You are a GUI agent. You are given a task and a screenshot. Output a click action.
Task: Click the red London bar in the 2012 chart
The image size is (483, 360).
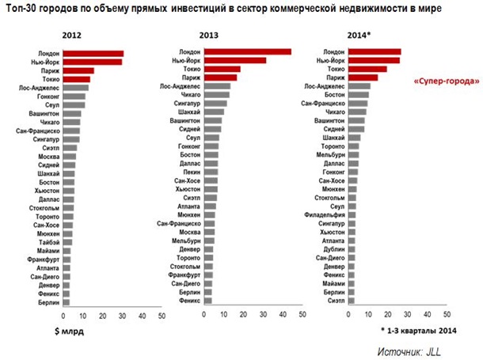point(93,54)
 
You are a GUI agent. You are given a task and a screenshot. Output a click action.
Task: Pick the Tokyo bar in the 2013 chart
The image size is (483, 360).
point(222,69)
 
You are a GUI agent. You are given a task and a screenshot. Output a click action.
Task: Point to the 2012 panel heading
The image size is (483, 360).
point(72,36)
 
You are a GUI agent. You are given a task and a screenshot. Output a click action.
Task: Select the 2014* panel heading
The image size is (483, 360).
point(359,36)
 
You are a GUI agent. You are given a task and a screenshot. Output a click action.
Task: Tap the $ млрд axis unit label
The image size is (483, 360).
point(69,330)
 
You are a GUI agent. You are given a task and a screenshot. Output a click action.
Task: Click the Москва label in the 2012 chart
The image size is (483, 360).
point(48,156)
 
